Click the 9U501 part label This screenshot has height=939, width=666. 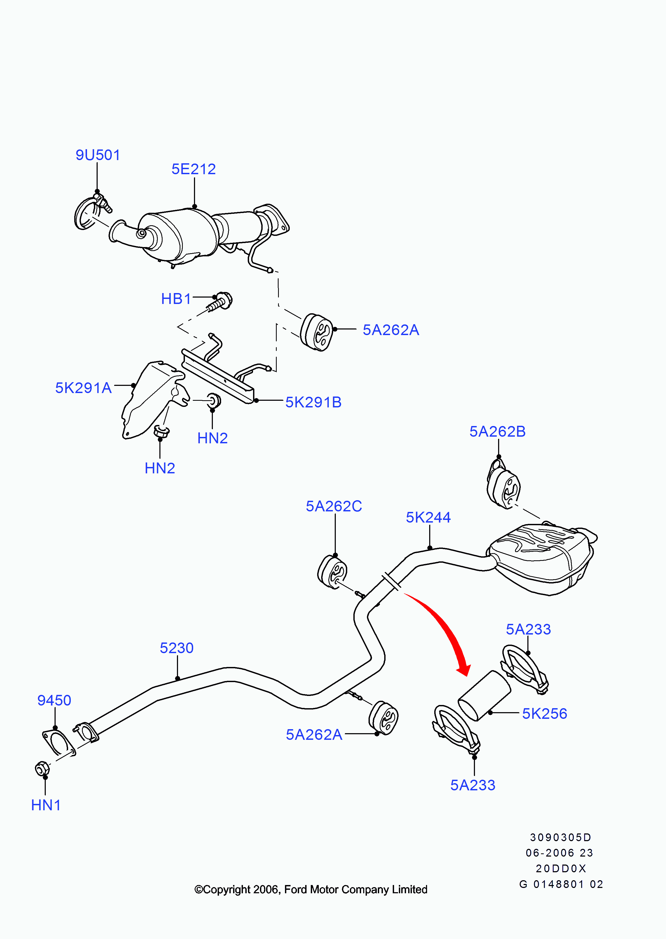coord(98,155)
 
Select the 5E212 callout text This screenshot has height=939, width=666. coord(193,169)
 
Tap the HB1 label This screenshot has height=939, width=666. coord(176,299)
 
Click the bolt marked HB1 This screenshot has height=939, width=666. coord(221,302)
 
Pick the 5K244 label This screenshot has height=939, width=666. coord(428,518)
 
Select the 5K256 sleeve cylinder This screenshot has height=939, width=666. coord(484,695)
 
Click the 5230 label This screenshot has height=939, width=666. coord(176,648)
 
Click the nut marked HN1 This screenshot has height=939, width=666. coord(42,769)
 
